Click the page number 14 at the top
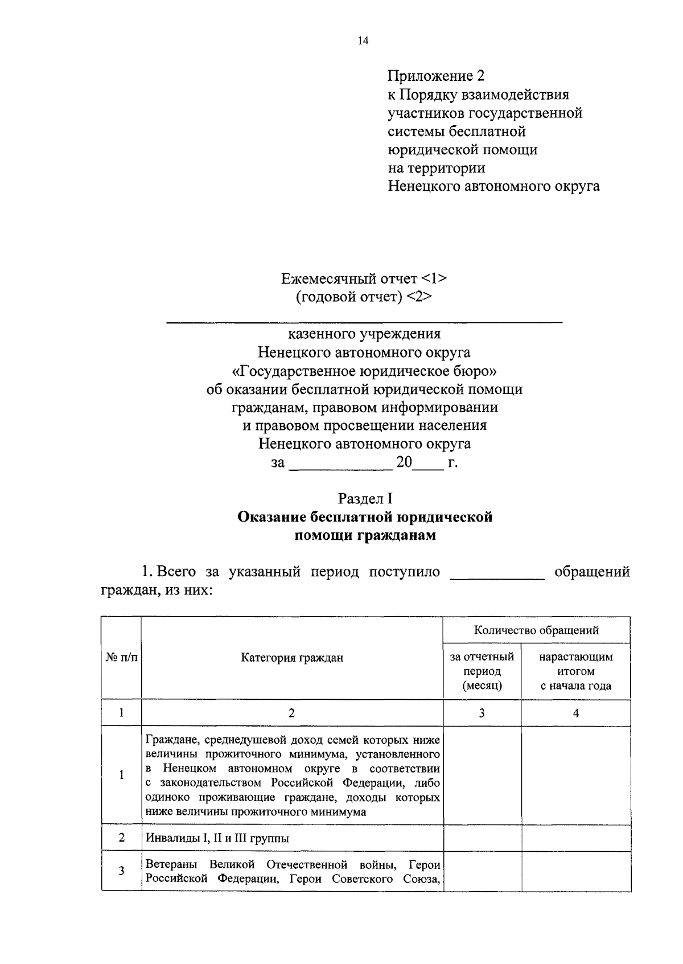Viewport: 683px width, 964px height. coord(364,40)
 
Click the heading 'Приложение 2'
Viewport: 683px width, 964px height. coord(437,76)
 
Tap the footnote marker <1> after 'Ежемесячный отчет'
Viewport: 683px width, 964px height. coord(434,279)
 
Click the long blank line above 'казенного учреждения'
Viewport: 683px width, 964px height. coord(364,323)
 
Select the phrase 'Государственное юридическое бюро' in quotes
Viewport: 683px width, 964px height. coord(365,371)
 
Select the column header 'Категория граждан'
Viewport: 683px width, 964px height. coord(292,658)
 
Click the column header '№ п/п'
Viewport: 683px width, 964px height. coord(121,658)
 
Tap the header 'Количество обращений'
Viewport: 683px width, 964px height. coord(536,630)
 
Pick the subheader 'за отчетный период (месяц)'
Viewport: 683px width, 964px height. coord(482,671)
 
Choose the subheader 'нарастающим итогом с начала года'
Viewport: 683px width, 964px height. coord(576,671)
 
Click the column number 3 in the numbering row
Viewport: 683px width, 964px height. coord(482,713)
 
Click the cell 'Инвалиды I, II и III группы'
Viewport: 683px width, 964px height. coord(217,838)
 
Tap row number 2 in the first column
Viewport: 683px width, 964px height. coord(121,838)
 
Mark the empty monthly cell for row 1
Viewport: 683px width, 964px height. coord(482,775)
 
